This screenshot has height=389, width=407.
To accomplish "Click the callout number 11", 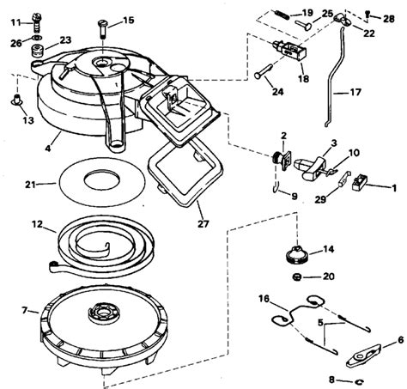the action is [x=17, y=22].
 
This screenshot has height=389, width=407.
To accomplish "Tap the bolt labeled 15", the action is [x=103, y=28].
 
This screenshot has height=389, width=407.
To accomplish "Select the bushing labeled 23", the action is [x=38, y=51].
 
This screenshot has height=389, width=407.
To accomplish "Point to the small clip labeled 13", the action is [x=17, y=100].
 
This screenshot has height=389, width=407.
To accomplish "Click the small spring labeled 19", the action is [x=282, y=14].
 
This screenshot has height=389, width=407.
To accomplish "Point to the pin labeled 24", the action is [x=264, y=71].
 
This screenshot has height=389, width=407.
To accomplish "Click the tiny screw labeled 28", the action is [x=368, y=14].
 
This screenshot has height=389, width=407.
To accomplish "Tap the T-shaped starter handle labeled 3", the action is [x=311, y=167].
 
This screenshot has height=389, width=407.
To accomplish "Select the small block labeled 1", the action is [x=359, y=182].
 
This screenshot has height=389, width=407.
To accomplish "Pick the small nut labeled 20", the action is [x=297, y=277].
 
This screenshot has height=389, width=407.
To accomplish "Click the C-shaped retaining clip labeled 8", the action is [x=359, y=381].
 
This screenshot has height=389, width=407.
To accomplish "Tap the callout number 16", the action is [x=264, y=299].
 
